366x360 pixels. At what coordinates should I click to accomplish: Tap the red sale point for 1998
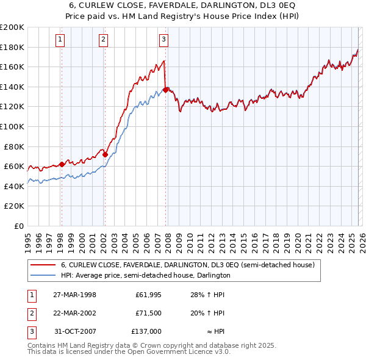62,164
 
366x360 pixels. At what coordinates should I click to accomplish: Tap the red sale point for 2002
105,154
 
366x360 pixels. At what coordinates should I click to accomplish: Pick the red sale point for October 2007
166,90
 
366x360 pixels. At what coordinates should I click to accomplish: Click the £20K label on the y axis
15,206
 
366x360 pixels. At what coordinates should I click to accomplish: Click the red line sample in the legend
42,265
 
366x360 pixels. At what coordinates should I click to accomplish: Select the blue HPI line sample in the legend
42,276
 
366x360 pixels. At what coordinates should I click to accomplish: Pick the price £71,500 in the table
148,313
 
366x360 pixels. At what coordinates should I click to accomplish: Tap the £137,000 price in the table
146,331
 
